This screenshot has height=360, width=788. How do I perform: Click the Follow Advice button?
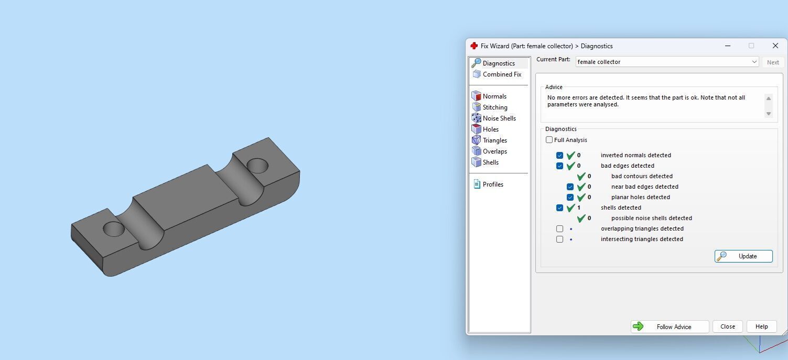(670, 326)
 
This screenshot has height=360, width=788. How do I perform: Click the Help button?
(761, 326)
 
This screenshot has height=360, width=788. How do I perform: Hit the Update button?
(743, 256)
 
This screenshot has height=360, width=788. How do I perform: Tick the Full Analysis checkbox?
(549, 140)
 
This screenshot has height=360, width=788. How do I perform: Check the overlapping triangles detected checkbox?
(559, 228)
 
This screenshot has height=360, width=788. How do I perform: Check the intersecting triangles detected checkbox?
(559, 239)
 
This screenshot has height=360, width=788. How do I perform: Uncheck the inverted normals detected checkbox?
(559, 155)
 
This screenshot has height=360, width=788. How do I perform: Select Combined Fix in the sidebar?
(501, 74)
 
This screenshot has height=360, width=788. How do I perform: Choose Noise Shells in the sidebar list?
(499, 118)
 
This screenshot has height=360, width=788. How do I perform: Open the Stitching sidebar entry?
(494, 107)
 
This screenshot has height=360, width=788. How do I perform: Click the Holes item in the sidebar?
(490, 129)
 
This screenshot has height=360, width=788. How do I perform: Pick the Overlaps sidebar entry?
(494, 151)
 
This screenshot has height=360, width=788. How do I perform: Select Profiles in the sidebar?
(492, 184)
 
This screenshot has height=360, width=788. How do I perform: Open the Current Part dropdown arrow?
(754, 62)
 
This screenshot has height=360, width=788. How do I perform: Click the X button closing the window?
(775, 46)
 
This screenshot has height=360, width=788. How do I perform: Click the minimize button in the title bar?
(728, 46)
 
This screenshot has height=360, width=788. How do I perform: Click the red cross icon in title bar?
(474, 46)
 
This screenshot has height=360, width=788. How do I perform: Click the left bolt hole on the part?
(113, 229)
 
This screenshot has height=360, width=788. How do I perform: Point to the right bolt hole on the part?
(257, 166)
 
